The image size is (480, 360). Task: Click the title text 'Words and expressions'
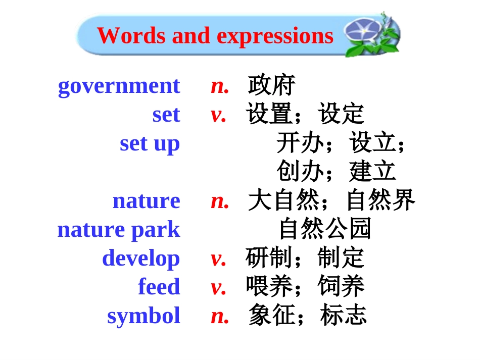pyautogui.click(x=215, y=36)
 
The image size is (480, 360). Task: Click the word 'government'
pyautogui.click(x=119, y=86)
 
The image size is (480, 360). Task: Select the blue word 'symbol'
pyautogui.click(x=143, y=316)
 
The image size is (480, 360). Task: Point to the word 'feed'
pyautogui.click(x=159, y=287)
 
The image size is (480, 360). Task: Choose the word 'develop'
pyautogui.click(x=141, y=259)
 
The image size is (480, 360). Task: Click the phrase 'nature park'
pyautogui.click(x=119, y=230)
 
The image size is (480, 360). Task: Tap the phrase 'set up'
pyautogui.click(x=150, y=143)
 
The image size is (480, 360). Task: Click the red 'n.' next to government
pyautogui.click(x=220, y=86)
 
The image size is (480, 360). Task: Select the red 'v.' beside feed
pyautogui.click(x=219, y=287)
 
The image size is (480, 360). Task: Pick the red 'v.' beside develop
pyautogui.click(x=219, y=259)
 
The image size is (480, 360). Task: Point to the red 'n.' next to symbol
pyautogui.click(x=220, y=316)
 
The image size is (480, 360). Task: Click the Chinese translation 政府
pyautogui.click(x=271, y=86)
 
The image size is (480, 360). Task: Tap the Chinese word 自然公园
pyautogui.click(x=325, y=229)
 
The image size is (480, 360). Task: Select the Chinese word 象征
pyautogui.click(x=271, y=316)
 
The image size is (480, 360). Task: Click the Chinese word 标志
pyautogui.click(x=344, y=316)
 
